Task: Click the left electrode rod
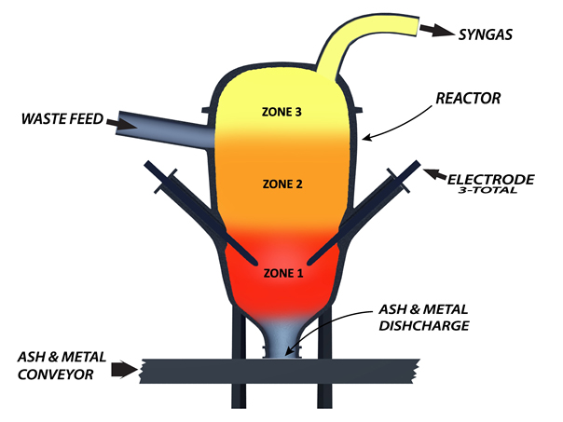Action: (x=201, y=211)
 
